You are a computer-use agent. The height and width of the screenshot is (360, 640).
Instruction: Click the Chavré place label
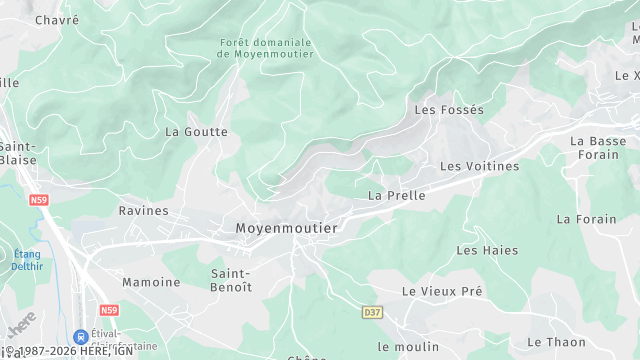point(56,19)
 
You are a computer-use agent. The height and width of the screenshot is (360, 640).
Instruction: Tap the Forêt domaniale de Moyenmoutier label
point(265,48)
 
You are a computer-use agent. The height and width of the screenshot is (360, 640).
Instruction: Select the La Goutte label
point(196,131)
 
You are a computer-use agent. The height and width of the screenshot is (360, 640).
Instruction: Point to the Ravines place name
point(144,211)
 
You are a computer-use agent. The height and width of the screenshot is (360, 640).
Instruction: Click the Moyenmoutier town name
point(286,228)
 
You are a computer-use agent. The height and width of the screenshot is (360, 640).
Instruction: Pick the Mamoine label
point(151,282)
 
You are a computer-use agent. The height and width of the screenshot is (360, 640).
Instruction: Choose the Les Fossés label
point(448,110)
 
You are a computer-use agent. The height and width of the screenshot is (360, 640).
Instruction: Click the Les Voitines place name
point(480,166)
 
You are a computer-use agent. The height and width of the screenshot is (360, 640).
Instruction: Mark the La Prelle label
point(397,196)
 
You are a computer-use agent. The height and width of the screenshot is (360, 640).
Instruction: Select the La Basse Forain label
point(598,148)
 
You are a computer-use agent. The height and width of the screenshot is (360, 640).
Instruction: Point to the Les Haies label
point(481,249)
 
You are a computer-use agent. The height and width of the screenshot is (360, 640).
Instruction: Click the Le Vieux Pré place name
point(442,291)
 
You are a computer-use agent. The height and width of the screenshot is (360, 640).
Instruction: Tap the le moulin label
point(408,346)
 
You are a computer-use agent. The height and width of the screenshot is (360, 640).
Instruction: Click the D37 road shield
point(372,312)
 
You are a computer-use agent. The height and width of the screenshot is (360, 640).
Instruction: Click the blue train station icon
point(80,337)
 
